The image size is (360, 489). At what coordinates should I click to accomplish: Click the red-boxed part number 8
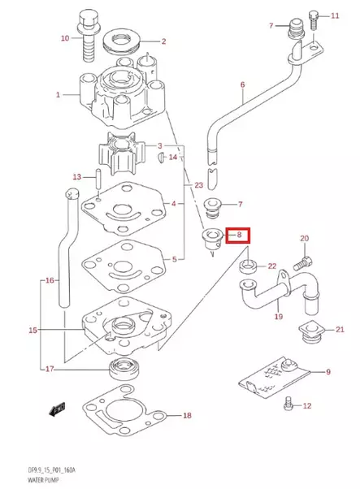pos(239,236)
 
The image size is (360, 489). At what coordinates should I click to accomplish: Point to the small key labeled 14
pos(161,157)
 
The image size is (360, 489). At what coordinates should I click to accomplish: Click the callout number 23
pos(198,186)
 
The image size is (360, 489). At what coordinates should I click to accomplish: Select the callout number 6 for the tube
pos(241,84)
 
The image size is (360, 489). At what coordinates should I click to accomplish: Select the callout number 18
pos(187,417)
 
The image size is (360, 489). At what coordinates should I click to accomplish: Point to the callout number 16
pos(50,280)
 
